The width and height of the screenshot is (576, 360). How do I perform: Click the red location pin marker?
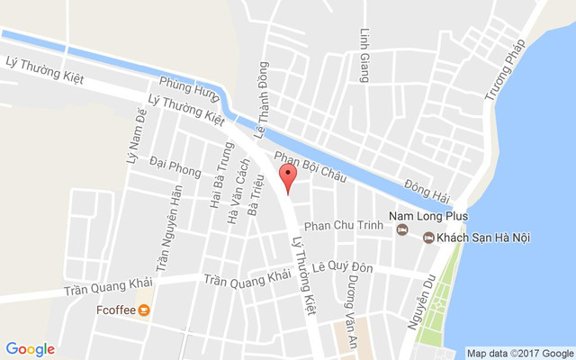point(287,176)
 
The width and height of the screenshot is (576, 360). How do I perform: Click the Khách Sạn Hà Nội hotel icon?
point(428,237)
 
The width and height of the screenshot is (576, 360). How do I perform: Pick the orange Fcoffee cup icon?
point(144,310)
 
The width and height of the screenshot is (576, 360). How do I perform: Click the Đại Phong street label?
point(175,168)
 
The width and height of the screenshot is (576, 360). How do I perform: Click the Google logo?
point(30,349)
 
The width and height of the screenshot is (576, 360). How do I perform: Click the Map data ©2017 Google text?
point(519,353)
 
